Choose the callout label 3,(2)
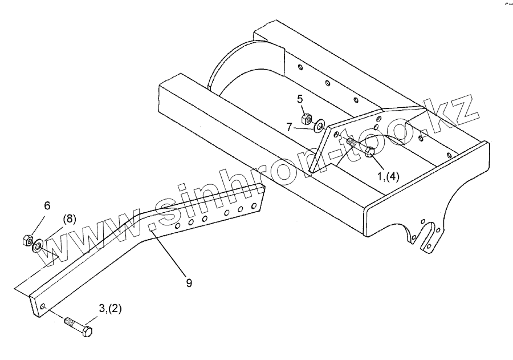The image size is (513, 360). coord(110,309)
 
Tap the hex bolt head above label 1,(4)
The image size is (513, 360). coord(369,152)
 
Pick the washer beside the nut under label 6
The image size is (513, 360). coord(38,246)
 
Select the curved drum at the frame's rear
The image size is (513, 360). coord(234,68)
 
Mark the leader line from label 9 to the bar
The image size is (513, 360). coord(168,253)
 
